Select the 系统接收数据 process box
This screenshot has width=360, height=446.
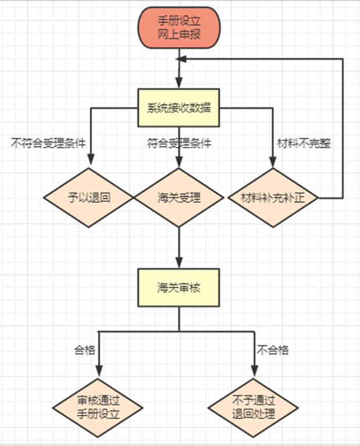[x=179, y=108]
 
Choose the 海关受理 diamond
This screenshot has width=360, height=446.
[x=179, y=198]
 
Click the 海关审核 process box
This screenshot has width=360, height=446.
[x=179, y=287]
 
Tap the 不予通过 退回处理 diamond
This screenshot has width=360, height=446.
[x=254, y=407]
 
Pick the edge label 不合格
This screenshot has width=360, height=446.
[x=273, y=350]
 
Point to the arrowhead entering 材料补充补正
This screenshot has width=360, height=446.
[x=272, y=163]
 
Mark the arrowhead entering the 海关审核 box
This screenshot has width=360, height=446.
[x=179, y=263]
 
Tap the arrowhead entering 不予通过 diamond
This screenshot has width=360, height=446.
[x=254, y=373]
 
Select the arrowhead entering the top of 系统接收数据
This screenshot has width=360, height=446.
[x=179, y=83]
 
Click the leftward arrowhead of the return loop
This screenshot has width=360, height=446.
[x=183, y=59]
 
